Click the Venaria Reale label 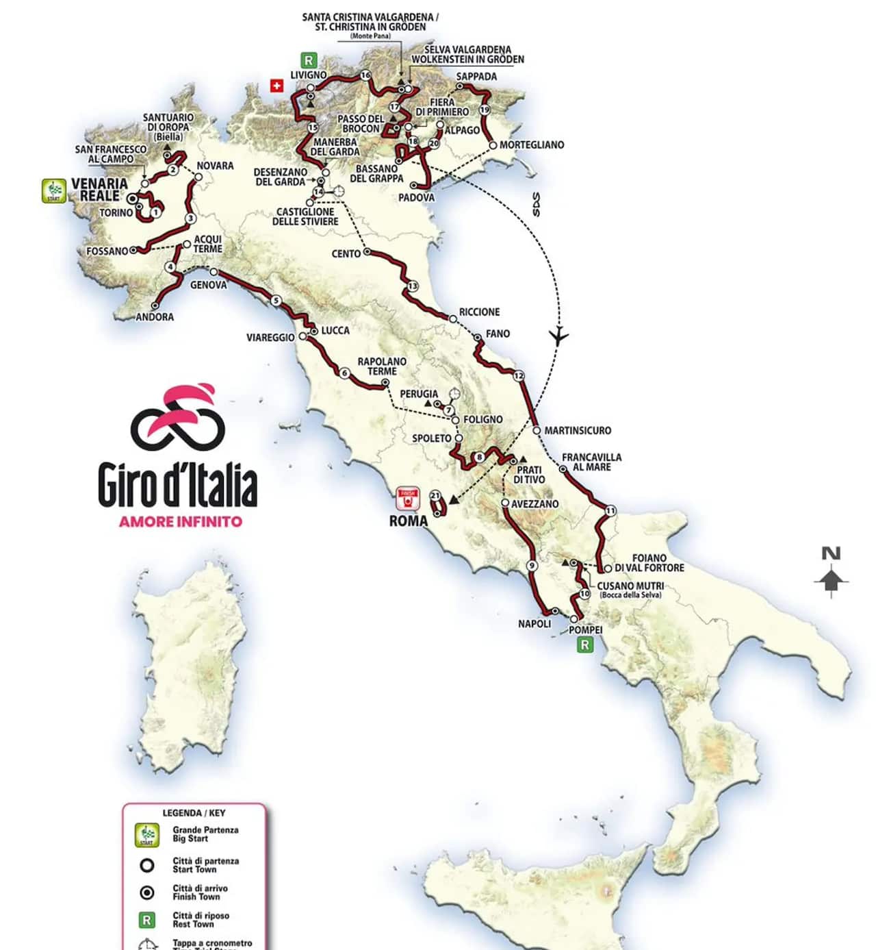(99, 190)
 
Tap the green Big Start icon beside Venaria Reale (54, 190)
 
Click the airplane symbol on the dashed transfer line (559, 336)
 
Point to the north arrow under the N (831, 582)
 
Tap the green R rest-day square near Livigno (309, 60)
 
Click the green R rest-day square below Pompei (584, 645)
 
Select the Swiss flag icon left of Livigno (276, 86)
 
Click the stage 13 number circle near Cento (412, 286)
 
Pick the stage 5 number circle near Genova (276, 301)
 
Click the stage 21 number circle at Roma (435, 495)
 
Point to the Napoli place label (534, 624)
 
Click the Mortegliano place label (532, 145)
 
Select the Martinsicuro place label (578, 431)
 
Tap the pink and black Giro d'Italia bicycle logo (178, 416)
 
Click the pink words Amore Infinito (181, 521)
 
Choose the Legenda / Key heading (194, 813)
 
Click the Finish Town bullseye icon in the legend (146, 892)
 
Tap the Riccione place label (479, 312)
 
